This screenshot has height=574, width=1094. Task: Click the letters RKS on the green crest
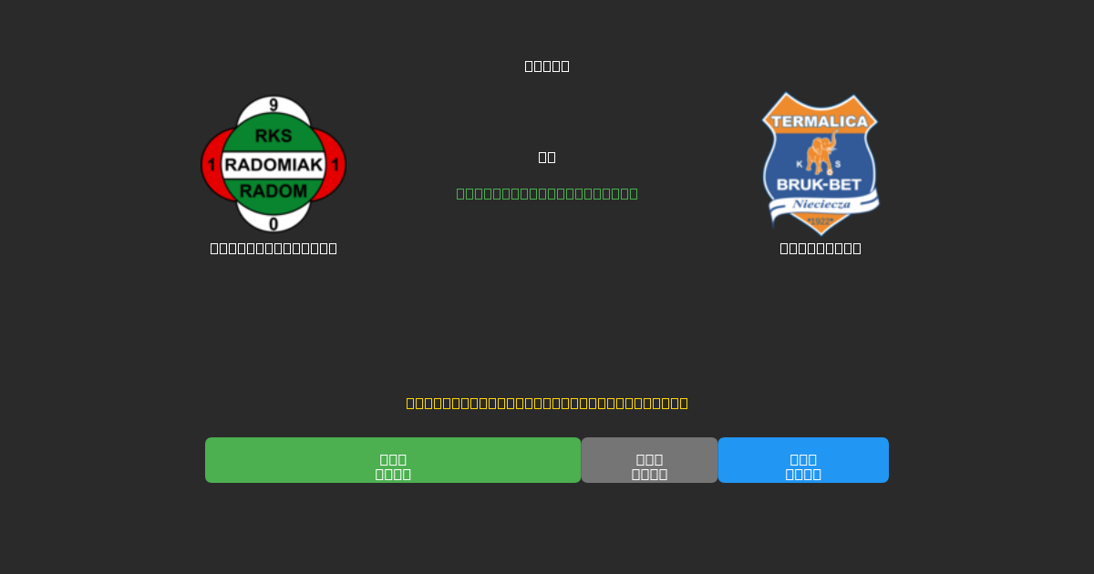click(273, 136)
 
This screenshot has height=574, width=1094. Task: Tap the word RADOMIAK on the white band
click(273, 165)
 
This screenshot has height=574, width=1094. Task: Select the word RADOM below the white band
click(273, 191)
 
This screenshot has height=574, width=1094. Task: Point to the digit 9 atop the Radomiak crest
click(273, 106)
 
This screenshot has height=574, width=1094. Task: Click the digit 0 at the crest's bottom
click(273, 224)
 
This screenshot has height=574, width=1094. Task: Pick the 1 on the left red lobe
click(212, 165)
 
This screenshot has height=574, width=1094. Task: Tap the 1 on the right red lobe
click(335, 165)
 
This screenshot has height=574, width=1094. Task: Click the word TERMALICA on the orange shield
click(820, 121)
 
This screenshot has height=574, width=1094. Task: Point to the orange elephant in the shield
click(820, 153)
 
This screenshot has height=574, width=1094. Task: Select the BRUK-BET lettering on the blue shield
click(819, 185)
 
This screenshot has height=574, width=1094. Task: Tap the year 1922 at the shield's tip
click(820, 221)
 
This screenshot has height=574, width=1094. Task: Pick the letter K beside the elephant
click(800, 165)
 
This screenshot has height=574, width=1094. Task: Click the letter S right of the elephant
click(838, 165)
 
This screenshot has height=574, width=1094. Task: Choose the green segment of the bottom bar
click(393, 460)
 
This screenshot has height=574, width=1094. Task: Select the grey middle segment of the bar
click(649, 460)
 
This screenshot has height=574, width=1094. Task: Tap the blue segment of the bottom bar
click(803, 460)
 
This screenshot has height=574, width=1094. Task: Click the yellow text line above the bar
click(547, 403)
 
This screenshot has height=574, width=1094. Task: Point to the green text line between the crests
click(547, 193)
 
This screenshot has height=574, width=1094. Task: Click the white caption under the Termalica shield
click(820, 248)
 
